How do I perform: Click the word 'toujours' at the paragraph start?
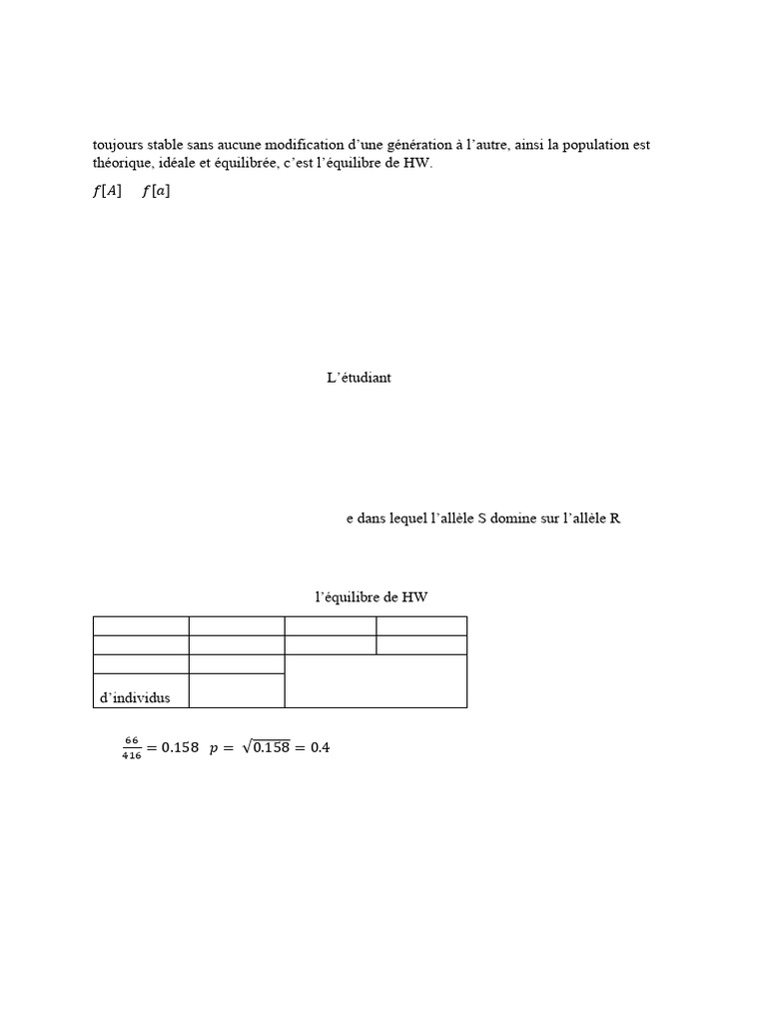[x=118, y=145]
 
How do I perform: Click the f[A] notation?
[x=107, y=192]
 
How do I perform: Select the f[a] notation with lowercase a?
[x=156, y=192]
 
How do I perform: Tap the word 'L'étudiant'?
[x=360, y=378]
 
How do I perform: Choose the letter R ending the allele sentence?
[x=615, y=519]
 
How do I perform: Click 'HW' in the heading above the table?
[x=414, y=597]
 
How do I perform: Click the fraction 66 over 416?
[x=131, y=747]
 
